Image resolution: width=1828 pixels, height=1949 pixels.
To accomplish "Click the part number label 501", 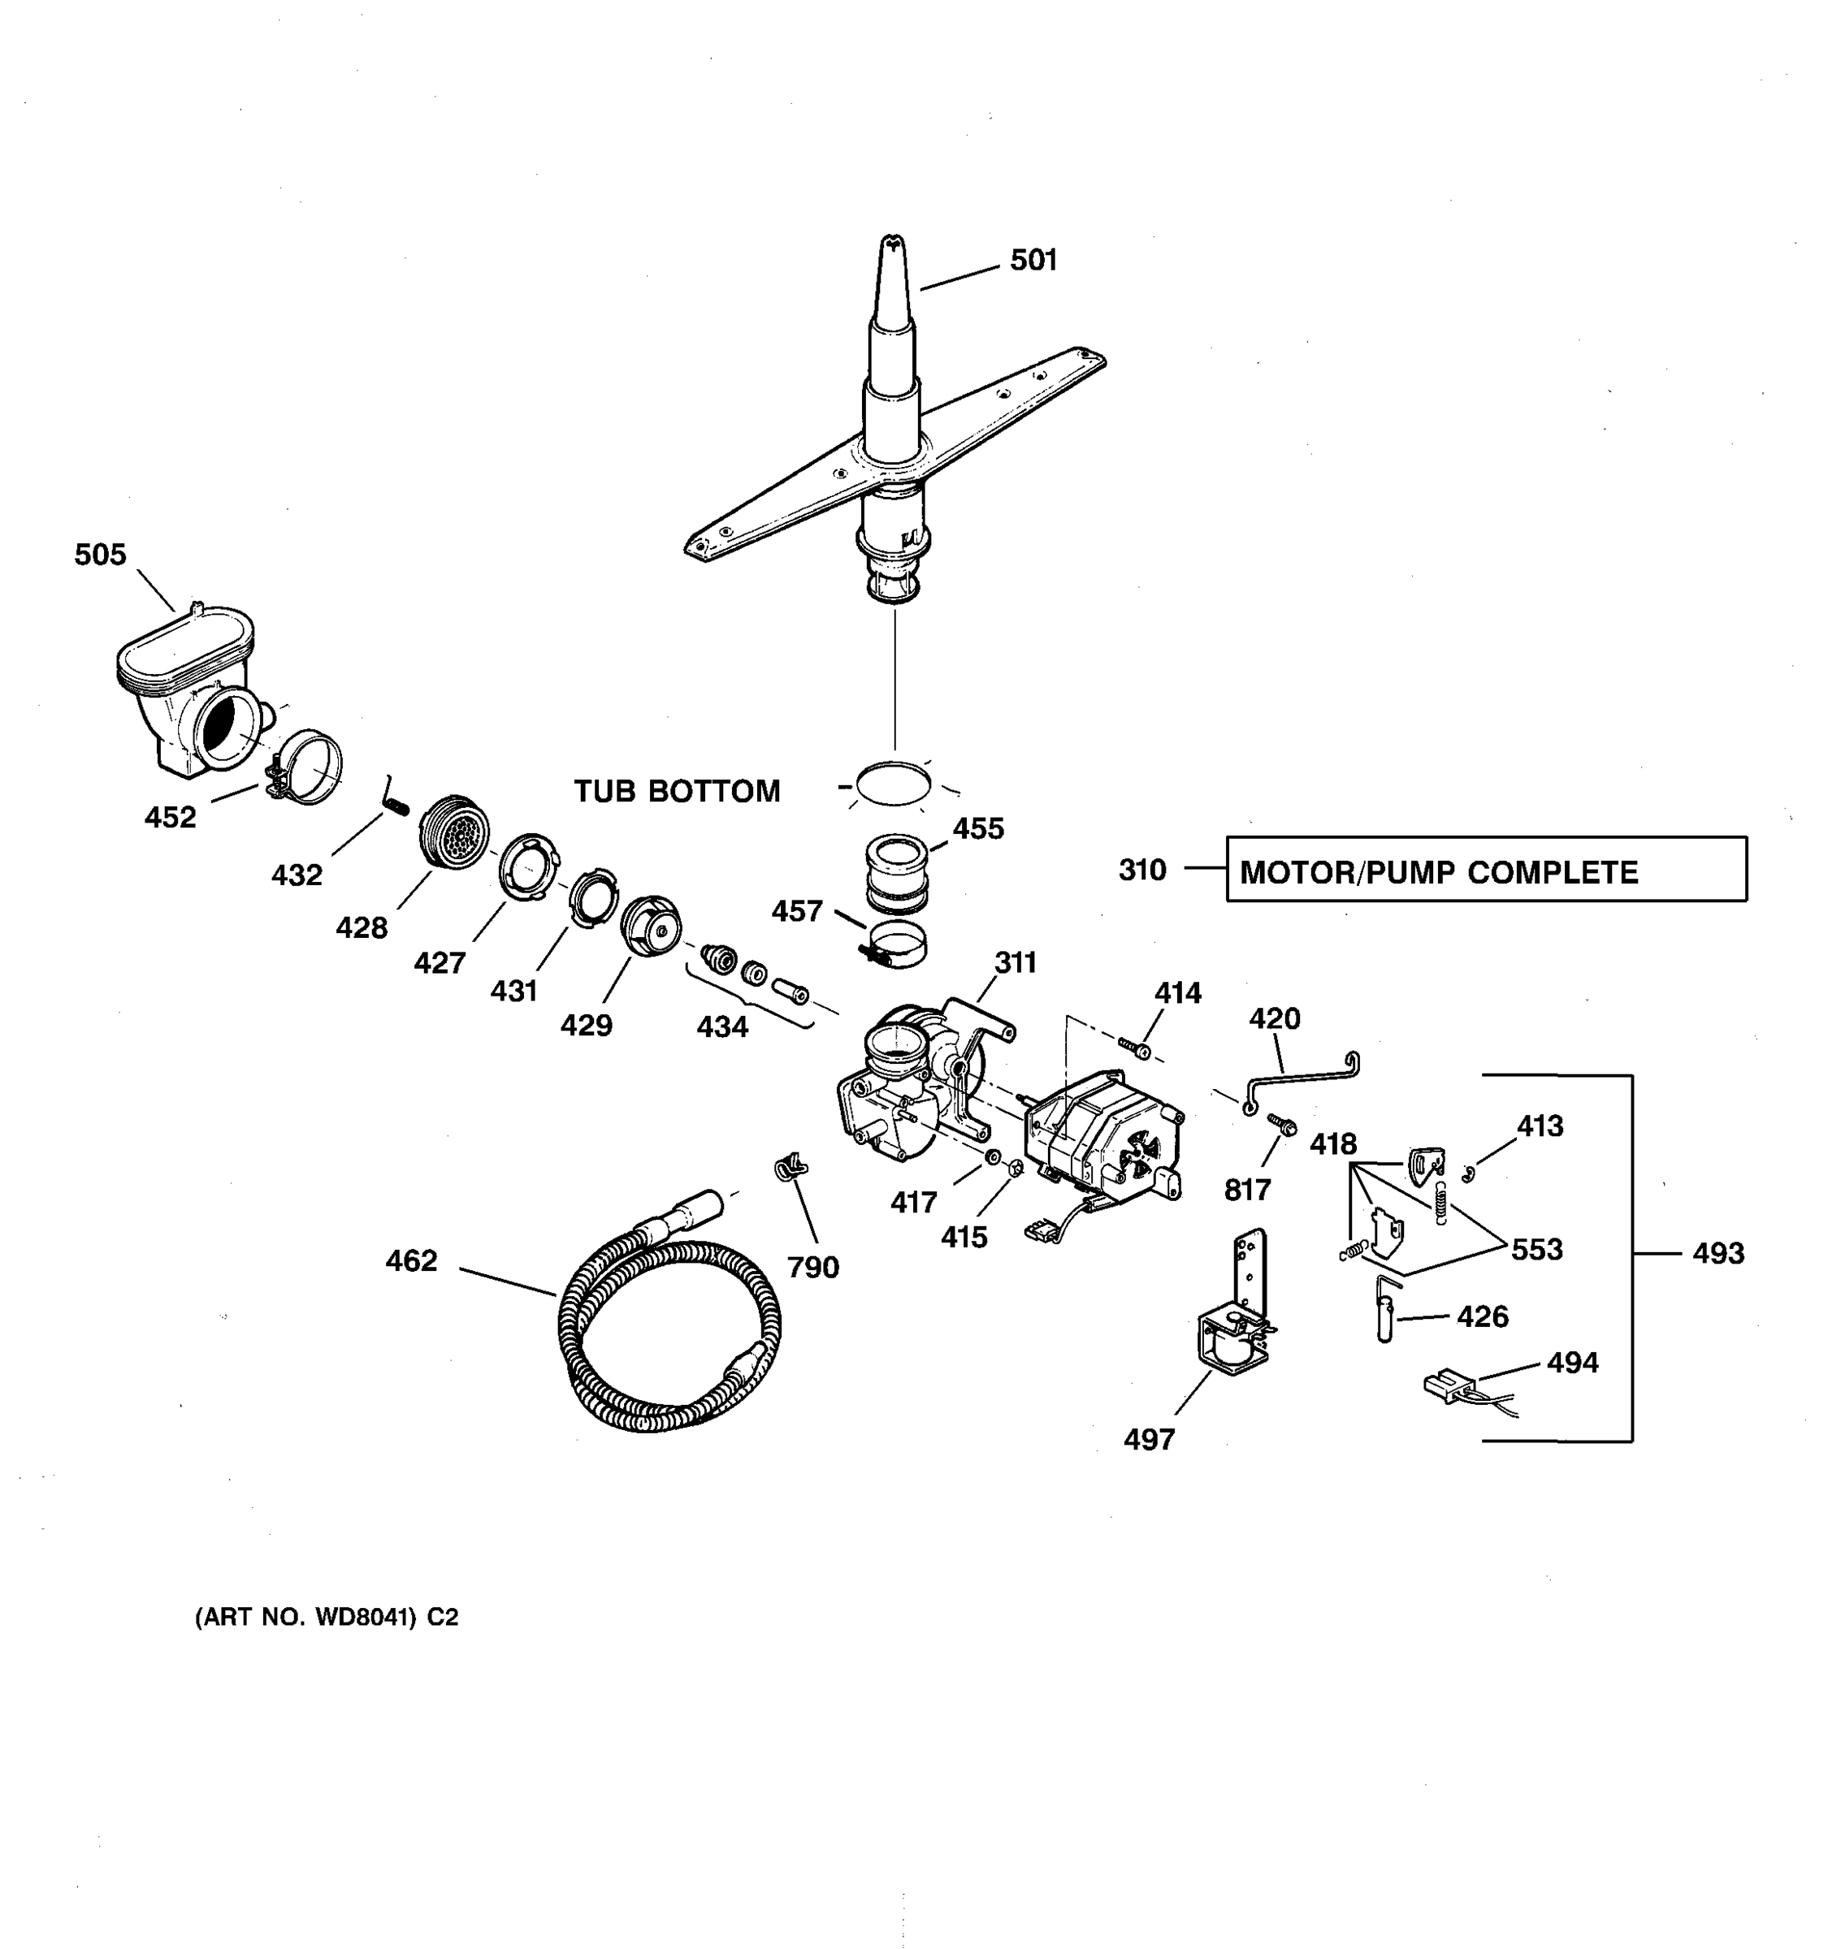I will click(1033, 261).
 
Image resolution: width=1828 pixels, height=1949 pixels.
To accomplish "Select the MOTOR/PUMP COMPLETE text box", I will click(1485, 870).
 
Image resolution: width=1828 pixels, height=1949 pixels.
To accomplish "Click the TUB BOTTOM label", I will click(677, 791).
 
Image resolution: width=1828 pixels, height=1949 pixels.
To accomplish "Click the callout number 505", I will click(100, 555).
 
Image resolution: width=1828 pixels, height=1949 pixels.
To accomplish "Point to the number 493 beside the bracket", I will click(1718, 1253).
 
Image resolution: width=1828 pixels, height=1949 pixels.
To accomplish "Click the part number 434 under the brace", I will click(721, 1026).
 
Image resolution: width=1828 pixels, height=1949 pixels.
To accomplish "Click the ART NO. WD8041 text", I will click(327, 1618).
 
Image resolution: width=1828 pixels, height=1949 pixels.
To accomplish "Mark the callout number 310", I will click(1141, 870).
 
